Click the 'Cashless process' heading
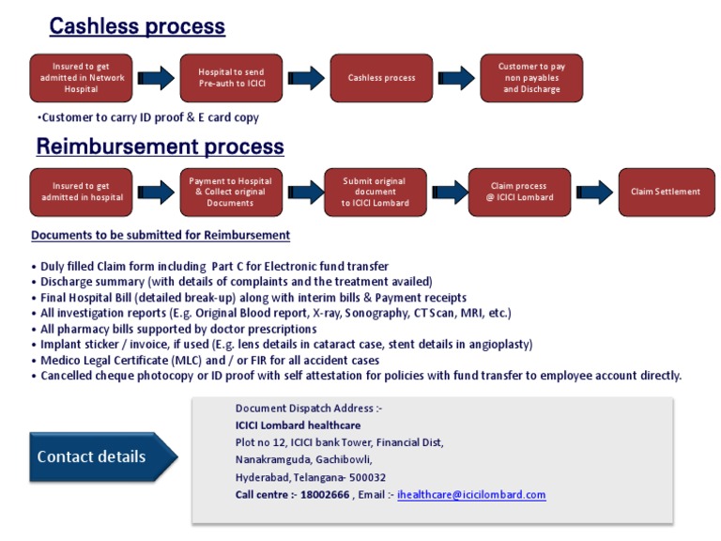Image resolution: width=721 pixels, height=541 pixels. [137, 26]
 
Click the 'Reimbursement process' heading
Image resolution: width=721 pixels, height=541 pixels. [160, 147]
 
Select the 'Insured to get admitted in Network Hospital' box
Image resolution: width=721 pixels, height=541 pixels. [81, 78]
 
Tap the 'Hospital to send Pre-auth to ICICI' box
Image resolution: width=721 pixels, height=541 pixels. [231, 78]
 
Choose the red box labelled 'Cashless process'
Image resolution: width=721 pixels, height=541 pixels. [381, 78]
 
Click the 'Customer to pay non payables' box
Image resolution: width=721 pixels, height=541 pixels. [531, 78]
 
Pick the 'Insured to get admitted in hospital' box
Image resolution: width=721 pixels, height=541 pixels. [81, 192]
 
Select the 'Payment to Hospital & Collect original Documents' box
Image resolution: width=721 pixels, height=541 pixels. [230, 192]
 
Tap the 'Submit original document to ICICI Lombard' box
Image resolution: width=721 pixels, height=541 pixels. [375, 192]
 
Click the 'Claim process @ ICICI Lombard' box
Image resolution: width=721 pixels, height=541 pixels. [518, 192]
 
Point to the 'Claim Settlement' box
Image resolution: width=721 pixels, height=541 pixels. [665, 192]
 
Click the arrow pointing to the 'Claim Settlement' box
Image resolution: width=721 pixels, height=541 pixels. [594, 192]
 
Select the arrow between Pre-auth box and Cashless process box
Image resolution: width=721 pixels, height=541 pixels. [305, 78]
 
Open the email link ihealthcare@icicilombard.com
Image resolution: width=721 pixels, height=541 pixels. [471, 494]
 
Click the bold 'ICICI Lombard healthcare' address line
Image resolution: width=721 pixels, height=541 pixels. [298, 425]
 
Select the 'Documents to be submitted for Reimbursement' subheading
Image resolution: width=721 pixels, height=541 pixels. [161, 235]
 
